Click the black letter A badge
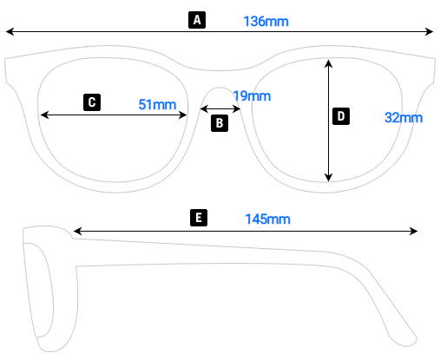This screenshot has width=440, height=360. click(197, 20)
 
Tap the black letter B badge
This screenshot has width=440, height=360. click(220, 123)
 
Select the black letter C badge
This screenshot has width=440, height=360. click(92, 102)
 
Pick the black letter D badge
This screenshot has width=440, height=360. click(341, 116)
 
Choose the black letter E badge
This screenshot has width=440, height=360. click(199, 218)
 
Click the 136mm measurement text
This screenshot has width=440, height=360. click(266, 22)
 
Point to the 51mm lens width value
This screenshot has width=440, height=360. click(157, 104)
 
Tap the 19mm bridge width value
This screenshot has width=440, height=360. click(252, 96)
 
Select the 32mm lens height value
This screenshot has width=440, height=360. click(404, 118)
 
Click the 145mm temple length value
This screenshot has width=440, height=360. click(268, 219)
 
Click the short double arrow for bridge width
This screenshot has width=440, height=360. click(220, 109)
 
